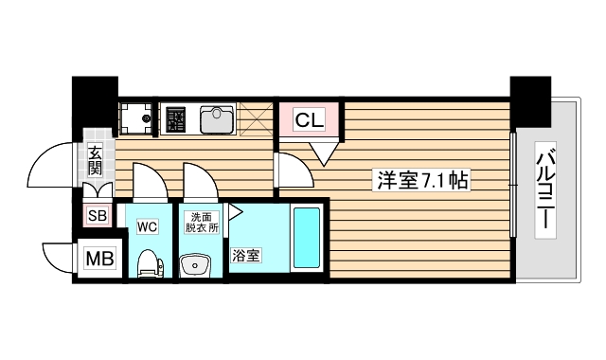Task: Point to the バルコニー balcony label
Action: pyautogui.click(x=546, y=192)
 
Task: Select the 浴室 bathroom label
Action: pyautogui.click(x=248, y=256)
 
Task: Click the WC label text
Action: pyautogui.click(x=147, y=227)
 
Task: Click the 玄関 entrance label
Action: pyautogui.click(x=96, y=161)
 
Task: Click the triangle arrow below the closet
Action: pyautogui.click(x=323, y=150)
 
